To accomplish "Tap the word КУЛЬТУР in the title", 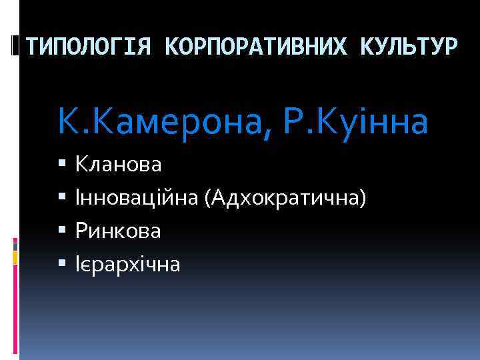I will pos(409,47).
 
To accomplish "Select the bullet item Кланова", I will pos(118,164).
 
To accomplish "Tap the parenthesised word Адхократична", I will pos(286,198).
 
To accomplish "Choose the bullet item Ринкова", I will pos(118,231).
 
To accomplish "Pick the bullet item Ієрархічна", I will pos(127,265).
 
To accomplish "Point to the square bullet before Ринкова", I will pos(63,231).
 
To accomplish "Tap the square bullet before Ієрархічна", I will pos(63,265).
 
